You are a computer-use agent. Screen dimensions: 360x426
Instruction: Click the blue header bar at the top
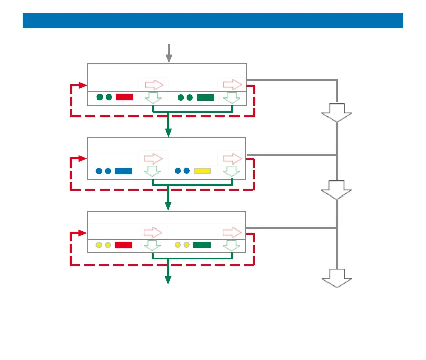tap(213, 21)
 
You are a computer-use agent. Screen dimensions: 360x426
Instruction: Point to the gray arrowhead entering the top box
tap(169, 59)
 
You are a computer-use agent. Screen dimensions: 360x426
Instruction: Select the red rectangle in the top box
tap(124, 97)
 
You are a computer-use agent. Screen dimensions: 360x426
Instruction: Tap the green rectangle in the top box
tap(206, 97)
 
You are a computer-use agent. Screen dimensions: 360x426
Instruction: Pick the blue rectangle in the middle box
tap(123, 171)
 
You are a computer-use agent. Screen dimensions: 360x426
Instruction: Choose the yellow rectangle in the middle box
tap(203, 171)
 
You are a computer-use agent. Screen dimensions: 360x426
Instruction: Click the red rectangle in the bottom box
tap(123, 245)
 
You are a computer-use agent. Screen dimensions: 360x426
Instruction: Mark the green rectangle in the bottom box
tap(202, 245)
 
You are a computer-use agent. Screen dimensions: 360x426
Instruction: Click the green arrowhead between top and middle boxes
tap(168, 133)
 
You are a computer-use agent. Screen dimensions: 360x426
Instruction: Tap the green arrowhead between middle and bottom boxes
tap(168, 206)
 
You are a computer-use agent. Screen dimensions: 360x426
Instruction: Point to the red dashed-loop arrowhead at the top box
tap(83, 85)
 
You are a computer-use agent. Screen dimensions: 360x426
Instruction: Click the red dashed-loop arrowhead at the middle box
tap(83, 159)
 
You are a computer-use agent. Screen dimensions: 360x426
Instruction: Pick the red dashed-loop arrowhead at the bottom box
tap(83, 234)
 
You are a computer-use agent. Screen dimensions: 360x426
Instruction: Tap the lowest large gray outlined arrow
tap(337, 279)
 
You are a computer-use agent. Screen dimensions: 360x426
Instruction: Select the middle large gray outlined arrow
tap(337, 190)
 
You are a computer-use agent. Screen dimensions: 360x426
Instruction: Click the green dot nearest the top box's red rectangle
tap(109, 97)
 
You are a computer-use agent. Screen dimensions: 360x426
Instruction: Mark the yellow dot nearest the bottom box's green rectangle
tap(187, 245)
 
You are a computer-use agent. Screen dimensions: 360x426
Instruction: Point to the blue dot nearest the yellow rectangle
tap(187, 171)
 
